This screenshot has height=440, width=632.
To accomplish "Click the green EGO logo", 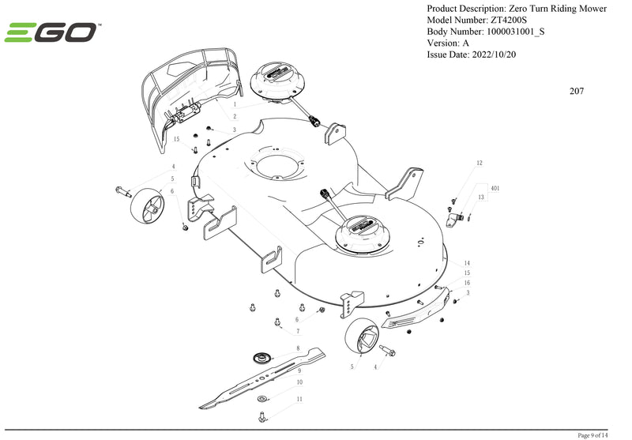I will (51, 33).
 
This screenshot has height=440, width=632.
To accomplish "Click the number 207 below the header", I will (577, 91).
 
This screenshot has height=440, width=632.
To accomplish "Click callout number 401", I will (495, 190).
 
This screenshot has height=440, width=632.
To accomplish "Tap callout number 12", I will (479, 164).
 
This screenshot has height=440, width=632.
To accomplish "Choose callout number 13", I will (480, 196).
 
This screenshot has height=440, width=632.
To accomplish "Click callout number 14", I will (467, 262).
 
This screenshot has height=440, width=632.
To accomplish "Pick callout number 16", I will (467, 282).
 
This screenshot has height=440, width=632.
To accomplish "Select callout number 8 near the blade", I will (297, 348).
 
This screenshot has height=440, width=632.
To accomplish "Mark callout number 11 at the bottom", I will (299, 400).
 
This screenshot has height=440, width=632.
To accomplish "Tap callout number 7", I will (297, 331).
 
